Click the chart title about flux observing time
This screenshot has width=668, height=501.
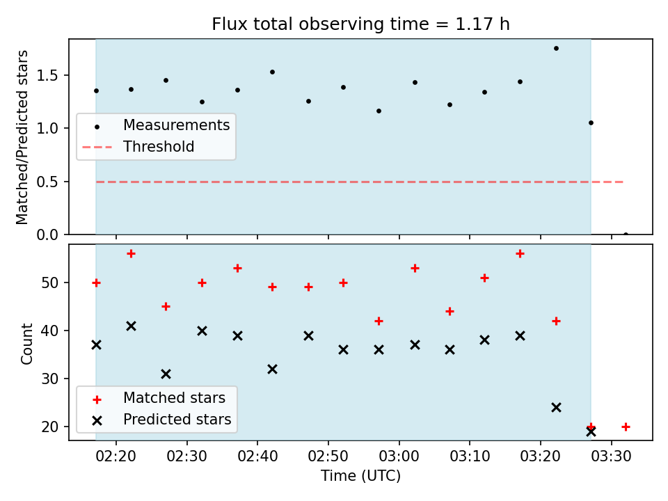361,24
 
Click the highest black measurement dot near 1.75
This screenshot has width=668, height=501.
556,49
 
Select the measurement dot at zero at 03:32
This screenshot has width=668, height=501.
626,234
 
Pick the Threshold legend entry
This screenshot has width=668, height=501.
138,147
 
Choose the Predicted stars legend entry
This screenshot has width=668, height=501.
162,420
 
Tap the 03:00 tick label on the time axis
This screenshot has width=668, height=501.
399,456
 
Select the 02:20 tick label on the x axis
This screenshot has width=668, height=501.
116,456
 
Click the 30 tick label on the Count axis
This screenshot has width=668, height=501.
49,379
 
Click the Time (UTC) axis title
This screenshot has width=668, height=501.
361,476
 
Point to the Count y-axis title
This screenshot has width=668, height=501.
26,343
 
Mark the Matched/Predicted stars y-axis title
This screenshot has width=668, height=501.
22,137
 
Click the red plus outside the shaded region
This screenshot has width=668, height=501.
626,427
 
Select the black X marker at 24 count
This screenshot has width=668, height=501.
556,408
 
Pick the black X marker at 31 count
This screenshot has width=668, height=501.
166,374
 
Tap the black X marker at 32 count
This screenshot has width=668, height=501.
272,369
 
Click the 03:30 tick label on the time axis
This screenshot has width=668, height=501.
612,456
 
